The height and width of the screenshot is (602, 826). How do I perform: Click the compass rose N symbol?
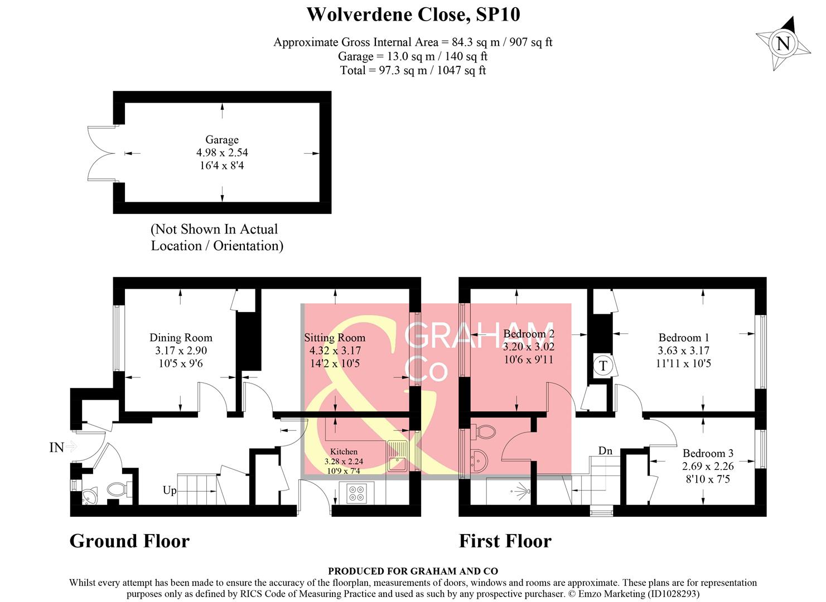(x=782, y=43)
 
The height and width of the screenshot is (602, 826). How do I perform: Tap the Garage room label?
(x=221, y=140)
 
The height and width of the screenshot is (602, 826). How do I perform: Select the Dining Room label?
(x=181, y=338)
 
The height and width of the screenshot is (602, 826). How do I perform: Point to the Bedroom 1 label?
(x=683, y=338)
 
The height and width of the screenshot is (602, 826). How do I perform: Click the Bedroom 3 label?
(x=708, y=453)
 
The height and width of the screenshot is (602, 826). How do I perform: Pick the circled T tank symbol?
(x=602, y=366)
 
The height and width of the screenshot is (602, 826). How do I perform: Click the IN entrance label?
(x=56, y=447)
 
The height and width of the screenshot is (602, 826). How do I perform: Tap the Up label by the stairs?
(x=170, y=491)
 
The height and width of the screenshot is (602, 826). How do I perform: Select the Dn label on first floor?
(x=605, y=450)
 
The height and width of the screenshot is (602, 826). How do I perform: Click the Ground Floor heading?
(x=129, y=541)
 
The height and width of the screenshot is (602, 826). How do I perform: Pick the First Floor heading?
(x=505, y=541)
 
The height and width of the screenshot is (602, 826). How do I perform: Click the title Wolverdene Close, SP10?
(x=413, y=14)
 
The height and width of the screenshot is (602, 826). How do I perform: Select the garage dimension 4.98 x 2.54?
(x=221, y=153)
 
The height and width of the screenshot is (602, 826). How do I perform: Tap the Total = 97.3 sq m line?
(x=413, y=70)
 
